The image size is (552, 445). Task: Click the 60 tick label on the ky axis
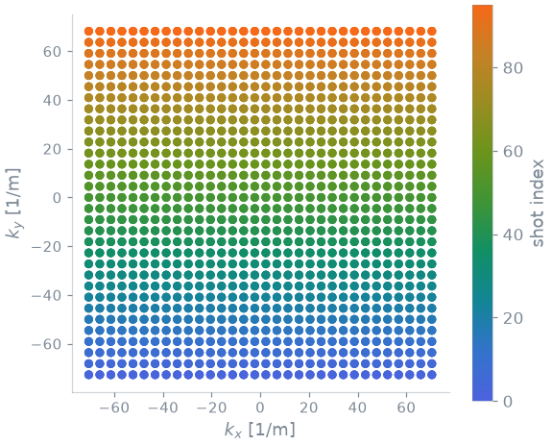pos(52,52)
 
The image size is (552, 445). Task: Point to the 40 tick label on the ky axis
pos(52,100)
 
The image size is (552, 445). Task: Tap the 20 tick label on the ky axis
pos(52,149)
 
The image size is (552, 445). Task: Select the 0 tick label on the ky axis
pos(57,198)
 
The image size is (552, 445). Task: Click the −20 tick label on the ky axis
pos(47,247)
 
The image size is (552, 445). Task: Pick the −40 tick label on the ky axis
pos(47,295)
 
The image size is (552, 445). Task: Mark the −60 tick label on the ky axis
pos(47,344)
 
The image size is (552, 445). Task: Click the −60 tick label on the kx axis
pos(114,408)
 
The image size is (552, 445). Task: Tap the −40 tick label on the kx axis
pos(162,408)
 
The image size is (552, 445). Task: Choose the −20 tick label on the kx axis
pos(211,408)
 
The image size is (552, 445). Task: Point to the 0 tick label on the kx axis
pos(260,408)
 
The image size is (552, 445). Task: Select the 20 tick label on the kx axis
pos(309,408)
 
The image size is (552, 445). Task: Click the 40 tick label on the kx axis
pos(357,408)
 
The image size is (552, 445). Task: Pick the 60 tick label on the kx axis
pos(406,408)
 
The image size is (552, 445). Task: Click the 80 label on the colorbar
pos(513,68)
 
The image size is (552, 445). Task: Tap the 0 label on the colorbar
pos(508,402)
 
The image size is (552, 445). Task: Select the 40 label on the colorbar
pos(513,235)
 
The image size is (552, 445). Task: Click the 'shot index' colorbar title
pos(538,203)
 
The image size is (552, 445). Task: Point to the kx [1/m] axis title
pos(260,430)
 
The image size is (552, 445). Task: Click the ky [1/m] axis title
pos(13,203)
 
